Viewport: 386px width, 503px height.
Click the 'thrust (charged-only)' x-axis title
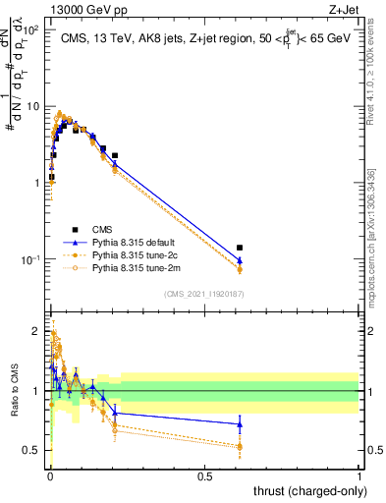click(x=303, y=491)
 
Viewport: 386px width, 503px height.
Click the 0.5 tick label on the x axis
click(x=204, y=475)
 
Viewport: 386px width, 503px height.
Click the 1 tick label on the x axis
click(x=358, y=475)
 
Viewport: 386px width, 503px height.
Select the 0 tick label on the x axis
click(x=50, y=475)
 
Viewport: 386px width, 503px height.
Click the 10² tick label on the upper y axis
click(x=32, y=30)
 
